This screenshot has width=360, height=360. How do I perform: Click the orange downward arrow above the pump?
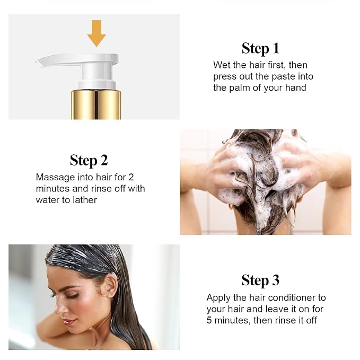96,33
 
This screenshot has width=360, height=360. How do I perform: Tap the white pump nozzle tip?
38,62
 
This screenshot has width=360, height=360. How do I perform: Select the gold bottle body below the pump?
96,104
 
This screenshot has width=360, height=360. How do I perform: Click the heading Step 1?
260,49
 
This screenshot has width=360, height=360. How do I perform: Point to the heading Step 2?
89,160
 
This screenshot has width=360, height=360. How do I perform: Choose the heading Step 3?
260,280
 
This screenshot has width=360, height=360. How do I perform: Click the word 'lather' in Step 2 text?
85,200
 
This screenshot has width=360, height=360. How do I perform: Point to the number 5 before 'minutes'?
209,320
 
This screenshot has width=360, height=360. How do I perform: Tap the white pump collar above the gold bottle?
96,85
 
